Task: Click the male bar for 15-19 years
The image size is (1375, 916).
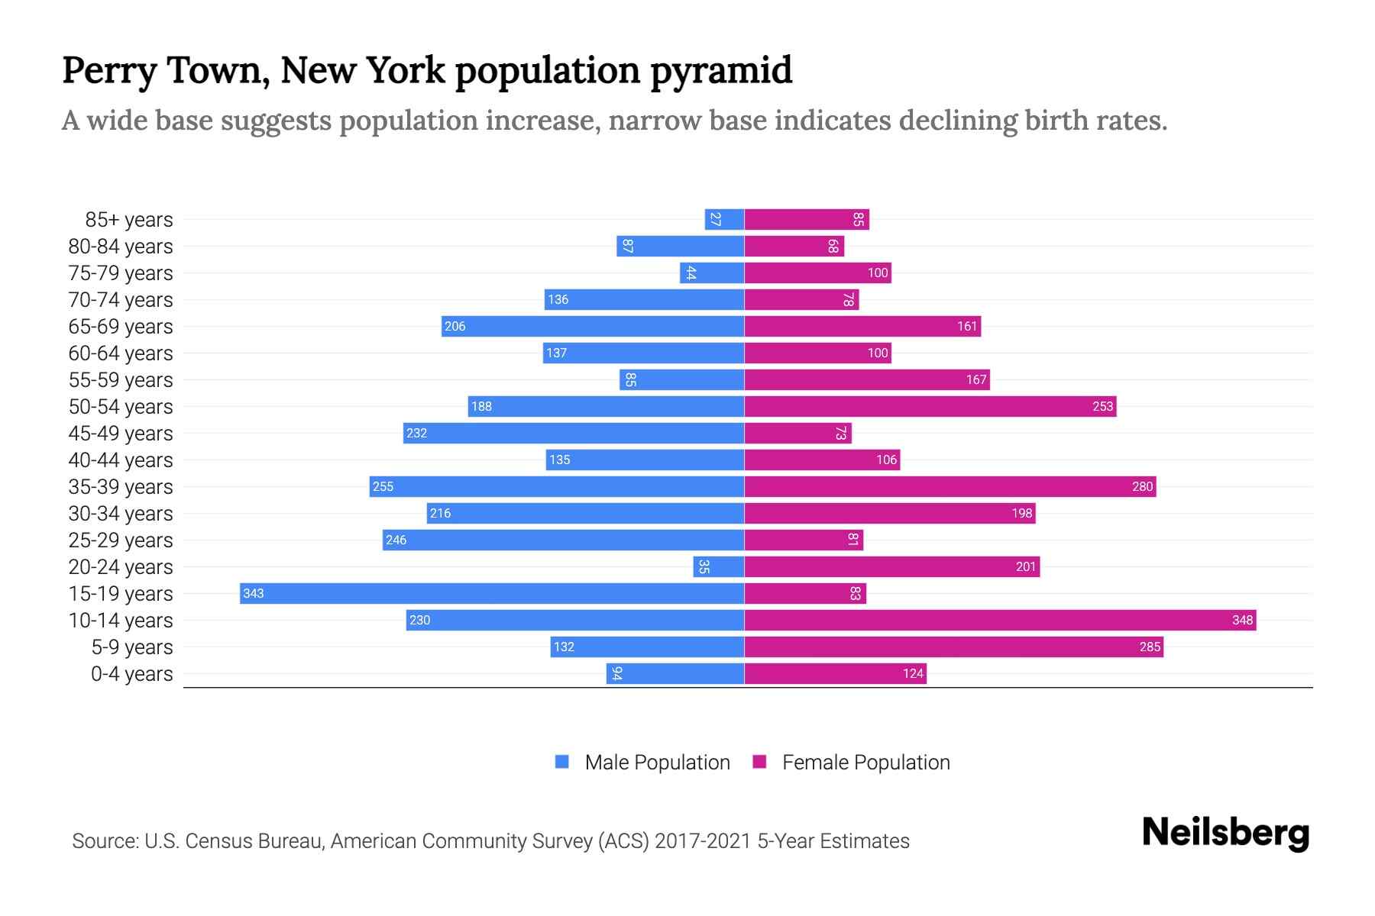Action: pyautogui.click(x=492, y=593)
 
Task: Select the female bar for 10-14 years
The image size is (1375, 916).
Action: pyautogui.click(x=1000, y=620)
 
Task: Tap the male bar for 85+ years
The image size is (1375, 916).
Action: pyautogui.click(x=724, y=219)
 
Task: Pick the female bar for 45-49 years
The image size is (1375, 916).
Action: pyautogui.click(x=797, y=433)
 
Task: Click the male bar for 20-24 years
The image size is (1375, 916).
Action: pyautogui.click(x=719, y=566)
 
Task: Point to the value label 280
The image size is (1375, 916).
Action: pyautogui.click(x=1142, y=486)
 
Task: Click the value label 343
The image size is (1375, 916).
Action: pyautogui.click(x=254, y=593)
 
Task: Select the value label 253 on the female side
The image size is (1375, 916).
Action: pyautogui.click(x=1102, y=406)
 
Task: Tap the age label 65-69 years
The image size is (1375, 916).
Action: pyautogui.click(x=121, y=327)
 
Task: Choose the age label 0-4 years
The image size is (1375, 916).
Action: pyautogui.click(x=131, y=674)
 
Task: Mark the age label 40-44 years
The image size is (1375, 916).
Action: pyautogui.click(x=121, y=460)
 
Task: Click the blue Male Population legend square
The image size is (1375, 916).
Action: pyautogui.click(x=562, y=762)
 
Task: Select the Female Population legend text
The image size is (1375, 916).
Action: pyautogui.click(x=865, y=763)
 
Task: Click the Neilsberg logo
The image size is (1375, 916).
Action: pyautogui.click(x=1225, y=833)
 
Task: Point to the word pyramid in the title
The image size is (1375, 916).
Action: pyautogui.click(x=721, y=71)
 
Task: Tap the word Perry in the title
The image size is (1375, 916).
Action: pyautogui.click(x=108, y=71)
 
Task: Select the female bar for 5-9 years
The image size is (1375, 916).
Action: pyautogui.click(x=953, y=647)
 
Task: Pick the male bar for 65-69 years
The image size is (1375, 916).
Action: pyautogui.click(x=593, y=326)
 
